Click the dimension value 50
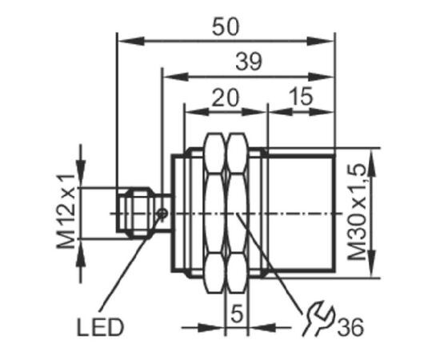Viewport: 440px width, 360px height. (226, 26)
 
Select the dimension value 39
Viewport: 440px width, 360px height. (249, 62)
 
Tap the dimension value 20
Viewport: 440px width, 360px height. (226, 98)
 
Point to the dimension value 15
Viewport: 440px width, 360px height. (300, 96)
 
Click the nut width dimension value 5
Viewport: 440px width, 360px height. (237, 314)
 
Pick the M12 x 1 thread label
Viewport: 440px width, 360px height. (66, 211)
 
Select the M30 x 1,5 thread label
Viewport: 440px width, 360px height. (357, 212)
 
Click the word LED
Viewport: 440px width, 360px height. (100, 327)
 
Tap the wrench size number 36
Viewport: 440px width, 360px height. (350, 327)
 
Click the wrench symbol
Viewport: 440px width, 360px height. (318, 318)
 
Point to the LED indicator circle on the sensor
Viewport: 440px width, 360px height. (162, 214)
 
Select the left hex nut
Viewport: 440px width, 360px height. (215, 213)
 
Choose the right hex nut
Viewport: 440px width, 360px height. (237, 213)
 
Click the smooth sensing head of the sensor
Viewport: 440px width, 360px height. (302, 213)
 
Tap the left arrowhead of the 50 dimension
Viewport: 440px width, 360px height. (131, 42)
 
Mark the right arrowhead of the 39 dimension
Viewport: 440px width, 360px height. (320, 77)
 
